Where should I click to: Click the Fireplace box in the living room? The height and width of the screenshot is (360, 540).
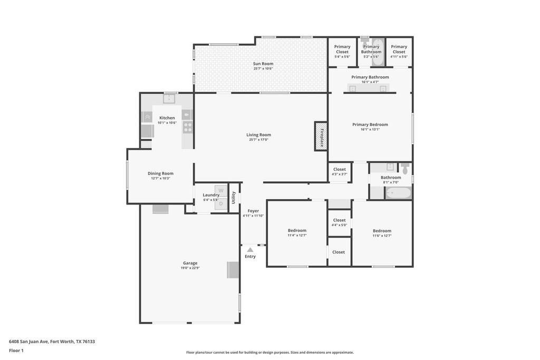click(x=321, y=137)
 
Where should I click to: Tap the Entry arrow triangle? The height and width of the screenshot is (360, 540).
click(x=250, y=250)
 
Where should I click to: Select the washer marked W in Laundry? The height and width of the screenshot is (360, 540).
click(x=221, y=191)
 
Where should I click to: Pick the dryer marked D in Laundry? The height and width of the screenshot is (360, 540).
click(x=221, y=204)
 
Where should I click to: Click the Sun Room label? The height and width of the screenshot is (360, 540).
click(x=263, y=64)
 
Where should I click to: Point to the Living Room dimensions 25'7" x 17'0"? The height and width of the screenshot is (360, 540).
click(x=258, y=140)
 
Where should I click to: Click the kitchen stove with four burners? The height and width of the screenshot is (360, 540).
click(x=188, y=128)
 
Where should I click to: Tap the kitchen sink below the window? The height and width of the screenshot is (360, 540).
click(x=169, y=99)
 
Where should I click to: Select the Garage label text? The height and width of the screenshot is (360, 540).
click(x=190, y=263)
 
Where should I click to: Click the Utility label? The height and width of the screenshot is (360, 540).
click(x=234, y=198)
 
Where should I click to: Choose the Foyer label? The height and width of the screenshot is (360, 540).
click(x=253, y=211)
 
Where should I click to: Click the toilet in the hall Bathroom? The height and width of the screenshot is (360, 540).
click(x=406, y=168)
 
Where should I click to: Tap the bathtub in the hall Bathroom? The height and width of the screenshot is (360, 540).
click(x=398, y=193)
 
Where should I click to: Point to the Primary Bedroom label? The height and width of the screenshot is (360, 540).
click(x=370, y=124)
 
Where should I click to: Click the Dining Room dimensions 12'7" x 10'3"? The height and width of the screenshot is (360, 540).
click(x=160, y=178)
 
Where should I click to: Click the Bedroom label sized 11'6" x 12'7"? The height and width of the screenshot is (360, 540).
click(x=382, y=231)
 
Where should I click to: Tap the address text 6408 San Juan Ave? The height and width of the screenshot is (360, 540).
click(x=28, y=342)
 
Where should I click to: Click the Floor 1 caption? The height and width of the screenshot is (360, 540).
click(x=16, y=351)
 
